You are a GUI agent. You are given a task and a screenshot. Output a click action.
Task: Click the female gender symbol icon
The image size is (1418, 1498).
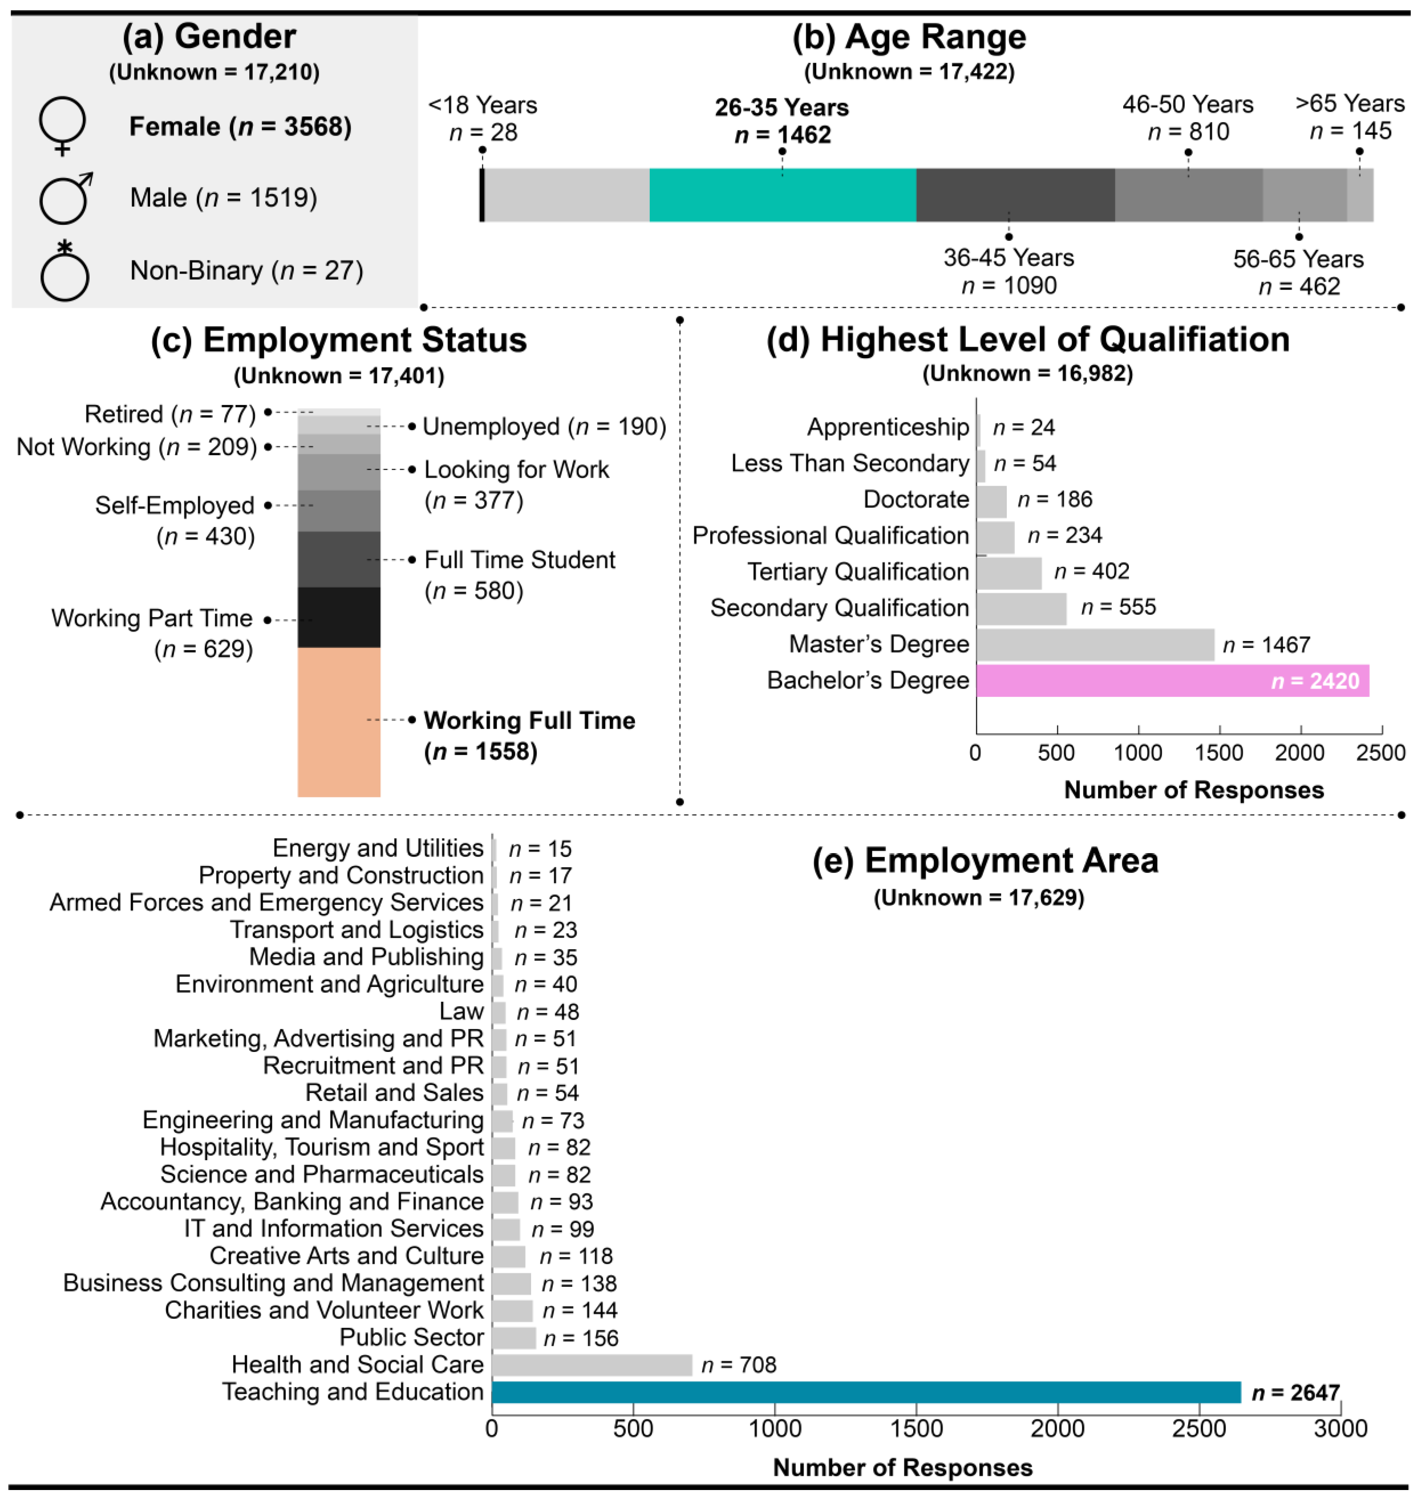point(63,125)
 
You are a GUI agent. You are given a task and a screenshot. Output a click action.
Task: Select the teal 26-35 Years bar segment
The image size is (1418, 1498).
point(782,195)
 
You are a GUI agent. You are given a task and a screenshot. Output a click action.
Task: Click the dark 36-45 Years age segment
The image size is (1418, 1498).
point(1015,195)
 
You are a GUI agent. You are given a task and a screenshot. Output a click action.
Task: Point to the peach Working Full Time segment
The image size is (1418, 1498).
point(339,722)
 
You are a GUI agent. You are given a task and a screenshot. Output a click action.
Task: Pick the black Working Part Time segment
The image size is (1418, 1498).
point(339,618)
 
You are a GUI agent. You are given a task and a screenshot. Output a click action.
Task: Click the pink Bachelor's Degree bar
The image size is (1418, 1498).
point(1171,680)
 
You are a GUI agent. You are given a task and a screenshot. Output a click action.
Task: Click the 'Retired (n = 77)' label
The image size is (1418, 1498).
point(170,414)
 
